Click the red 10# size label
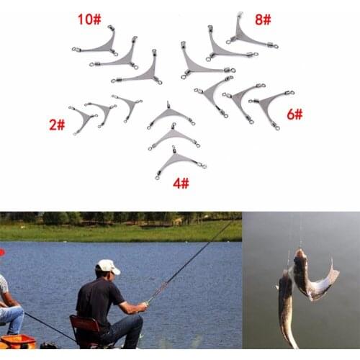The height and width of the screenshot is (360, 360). [89, 19]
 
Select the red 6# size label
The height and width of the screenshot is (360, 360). [294, 114]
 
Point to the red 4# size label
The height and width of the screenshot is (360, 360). [180, 183]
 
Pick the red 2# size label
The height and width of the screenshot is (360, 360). [57, 125]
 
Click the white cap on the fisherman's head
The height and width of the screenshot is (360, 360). [107, 266]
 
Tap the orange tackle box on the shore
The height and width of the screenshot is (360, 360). [17, 341]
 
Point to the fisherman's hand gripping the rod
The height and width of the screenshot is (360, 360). [143, 305]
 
